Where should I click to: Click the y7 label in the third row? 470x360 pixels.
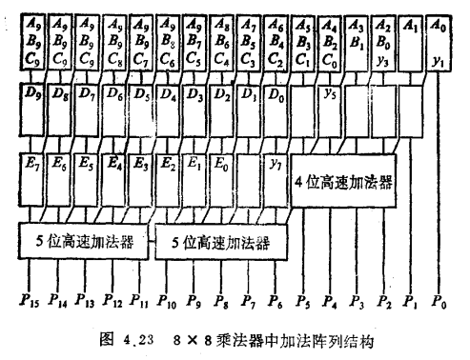click(276, 158)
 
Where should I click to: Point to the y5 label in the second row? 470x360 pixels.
click(329, 93)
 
